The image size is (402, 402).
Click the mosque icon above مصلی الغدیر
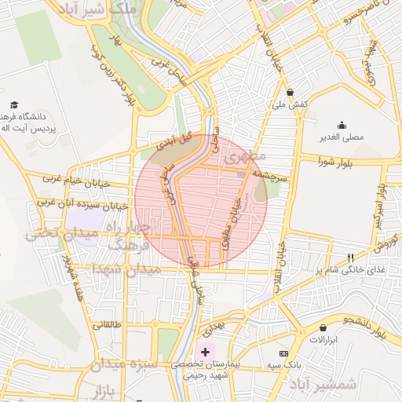342,125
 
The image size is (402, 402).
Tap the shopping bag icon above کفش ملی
290,92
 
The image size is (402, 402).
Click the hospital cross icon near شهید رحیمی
206,353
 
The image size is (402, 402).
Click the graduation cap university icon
14,104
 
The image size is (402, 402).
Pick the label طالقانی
108,324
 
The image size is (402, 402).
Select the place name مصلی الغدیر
343,137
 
